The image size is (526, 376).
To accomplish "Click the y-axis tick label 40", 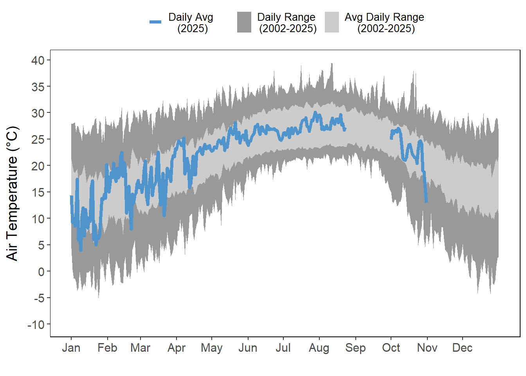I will (38, 60).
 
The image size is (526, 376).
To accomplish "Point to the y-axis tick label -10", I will (36, 325).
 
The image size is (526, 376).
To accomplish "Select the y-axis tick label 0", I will (41, 272).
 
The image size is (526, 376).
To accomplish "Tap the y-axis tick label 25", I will (38, 139).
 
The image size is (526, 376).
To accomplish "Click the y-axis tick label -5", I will (39, 298).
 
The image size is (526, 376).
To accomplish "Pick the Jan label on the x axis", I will (71, 348).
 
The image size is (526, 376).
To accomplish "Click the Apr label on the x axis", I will (177, 348).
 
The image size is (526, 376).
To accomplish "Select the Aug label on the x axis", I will (319, 348).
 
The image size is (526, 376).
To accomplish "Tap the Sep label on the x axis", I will (355, 348).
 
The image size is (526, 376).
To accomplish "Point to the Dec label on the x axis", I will (462, 348).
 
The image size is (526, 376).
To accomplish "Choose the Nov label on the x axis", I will (427, 348).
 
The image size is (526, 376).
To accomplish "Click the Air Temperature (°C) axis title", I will (13, 193).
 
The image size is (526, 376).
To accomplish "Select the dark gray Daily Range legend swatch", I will (244, 22).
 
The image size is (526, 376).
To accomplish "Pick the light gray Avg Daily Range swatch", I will (332, 22).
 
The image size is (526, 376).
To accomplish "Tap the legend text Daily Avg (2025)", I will (191, 23).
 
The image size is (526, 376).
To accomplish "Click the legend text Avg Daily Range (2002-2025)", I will (385, 23).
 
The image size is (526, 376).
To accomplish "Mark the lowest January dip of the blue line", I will (81, 250).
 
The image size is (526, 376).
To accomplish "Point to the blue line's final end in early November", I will (426, 201).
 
